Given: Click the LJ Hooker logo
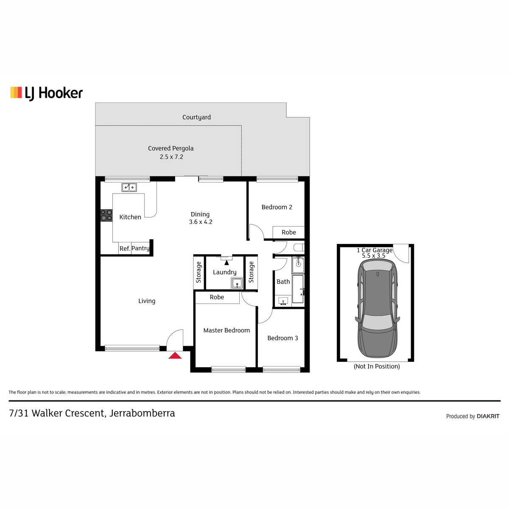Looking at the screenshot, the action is tap(47, 93).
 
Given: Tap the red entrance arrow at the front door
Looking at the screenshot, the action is tap(175, 355).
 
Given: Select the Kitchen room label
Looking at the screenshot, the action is tap(130, 217).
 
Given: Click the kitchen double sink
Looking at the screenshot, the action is tap(129, 187).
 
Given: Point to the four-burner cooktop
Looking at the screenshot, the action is tap(106, 215).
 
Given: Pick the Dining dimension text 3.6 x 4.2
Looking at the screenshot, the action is tap(201, 222).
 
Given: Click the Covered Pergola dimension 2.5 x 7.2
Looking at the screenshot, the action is tap(171, 157).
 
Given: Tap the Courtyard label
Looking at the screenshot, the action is tap(196, 117).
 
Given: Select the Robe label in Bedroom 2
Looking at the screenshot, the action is tap(289, 232).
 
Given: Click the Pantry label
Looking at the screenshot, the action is tap(140, 248).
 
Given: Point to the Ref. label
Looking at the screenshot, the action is tap(125, 249).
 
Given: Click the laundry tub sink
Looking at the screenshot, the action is tap(237, 283).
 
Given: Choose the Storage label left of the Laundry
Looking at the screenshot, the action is tap(199, 272).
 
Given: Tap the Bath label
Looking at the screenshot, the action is tap(283, 282).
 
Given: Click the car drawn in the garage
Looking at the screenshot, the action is tap(378, 308).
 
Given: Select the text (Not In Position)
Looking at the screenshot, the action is tap(377, 366).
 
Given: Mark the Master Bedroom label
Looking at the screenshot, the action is tap(227, 330).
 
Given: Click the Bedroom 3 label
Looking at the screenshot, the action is tap(282, 338).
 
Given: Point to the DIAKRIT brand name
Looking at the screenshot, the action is tap(488, 416).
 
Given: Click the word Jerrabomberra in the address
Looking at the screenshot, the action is tap(142, 414).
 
